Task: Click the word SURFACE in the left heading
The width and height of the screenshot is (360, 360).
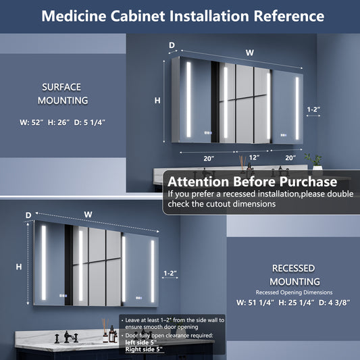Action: point(61,87)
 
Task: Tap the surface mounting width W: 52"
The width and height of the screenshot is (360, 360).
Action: point(32,122)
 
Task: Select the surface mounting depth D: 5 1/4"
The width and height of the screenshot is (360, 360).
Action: point(90,122)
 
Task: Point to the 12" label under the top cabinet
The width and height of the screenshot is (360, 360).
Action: point(255,157)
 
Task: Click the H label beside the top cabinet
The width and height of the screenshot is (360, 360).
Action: point(157,101)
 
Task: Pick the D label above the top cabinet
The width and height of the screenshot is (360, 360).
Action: point(172,45)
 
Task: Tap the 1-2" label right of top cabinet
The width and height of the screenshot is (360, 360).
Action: point(313,109)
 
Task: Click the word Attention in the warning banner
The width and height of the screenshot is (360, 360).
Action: point(199,182)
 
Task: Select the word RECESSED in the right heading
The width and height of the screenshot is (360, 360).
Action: point(293,268)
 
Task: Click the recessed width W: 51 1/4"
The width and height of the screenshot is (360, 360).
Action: point(255,303)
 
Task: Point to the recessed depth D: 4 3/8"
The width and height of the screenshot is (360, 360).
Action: point(334,303)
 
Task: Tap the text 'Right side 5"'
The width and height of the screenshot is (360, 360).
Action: point(144,349)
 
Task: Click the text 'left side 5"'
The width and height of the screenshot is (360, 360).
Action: point(140,342)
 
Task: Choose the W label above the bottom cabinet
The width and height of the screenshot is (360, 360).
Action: point(88,215)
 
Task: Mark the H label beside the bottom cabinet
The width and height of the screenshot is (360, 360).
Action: point(19,267)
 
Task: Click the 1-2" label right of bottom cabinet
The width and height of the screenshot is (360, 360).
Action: point(170,274)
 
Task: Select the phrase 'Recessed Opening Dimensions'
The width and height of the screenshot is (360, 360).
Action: point(294,292)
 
